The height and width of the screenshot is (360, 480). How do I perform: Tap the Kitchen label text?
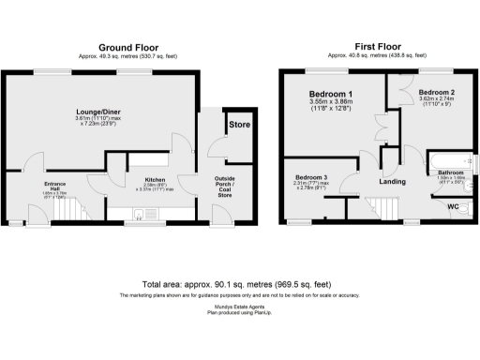154,178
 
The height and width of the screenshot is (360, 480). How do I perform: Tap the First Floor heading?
378,47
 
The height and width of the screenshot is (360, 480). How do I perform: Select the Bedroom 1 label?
330,95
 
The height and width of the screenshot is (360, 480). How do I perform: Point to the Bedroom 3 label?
311,178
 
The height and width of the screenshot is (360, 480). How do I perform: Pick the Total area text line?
239,283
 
